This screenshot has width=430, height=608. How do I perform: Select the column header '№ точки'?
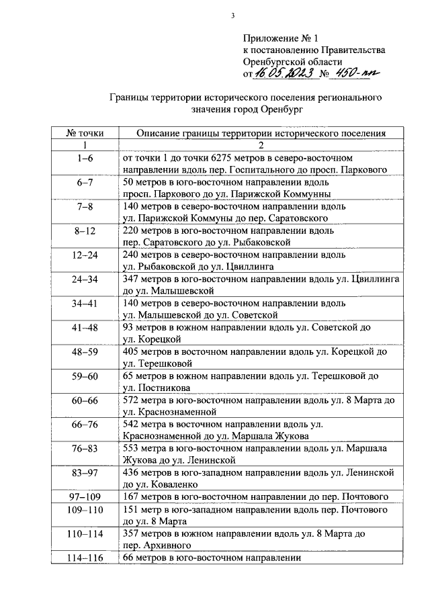[85, 133]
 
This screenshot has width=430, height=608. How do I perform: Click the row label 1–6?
[85, 158]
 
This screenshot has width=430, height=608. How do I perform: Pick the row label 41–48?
[85, 327]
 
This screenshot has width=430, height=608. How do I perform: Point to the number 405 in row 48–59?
[132, 351]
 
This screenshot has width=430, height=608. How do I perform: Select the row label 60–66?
[85, 400]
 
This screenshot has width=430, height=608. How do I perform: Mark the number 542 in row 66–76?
[132, 424]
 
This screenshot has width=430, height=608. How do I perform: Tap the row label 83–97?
[85, 472]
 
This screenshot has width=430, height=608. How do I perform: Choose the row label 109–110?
[85, 509]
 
